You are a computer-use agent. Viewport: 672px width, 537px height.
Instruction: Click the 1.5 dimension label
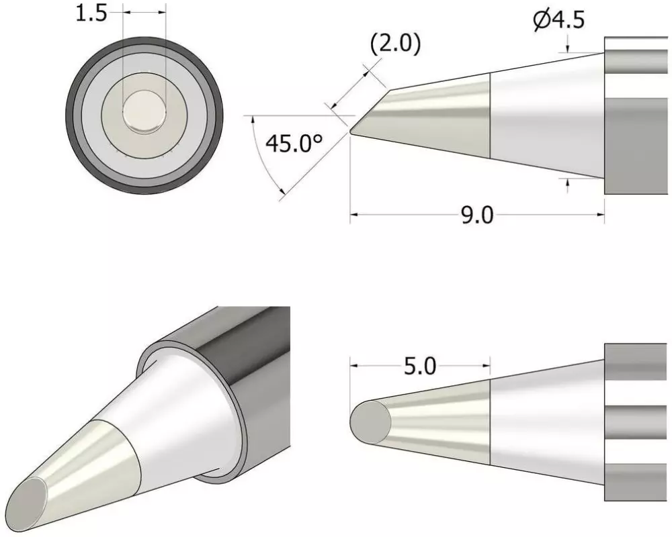(91, 13)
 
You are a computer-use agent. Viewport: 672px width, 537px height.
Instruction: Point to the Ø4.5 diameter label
(559, 19)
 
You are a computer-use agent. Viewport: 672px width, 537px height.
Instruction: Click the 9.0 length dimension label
(477, 215)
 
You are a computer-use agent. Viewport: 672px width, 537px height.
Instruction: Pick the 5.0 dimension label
(420, 366)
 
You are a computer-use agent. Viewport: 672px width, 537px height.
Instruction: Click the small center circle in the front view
(144, 112)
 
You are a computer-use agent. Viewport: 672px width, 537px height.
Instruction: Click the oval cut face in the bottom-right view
(371, 422)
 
